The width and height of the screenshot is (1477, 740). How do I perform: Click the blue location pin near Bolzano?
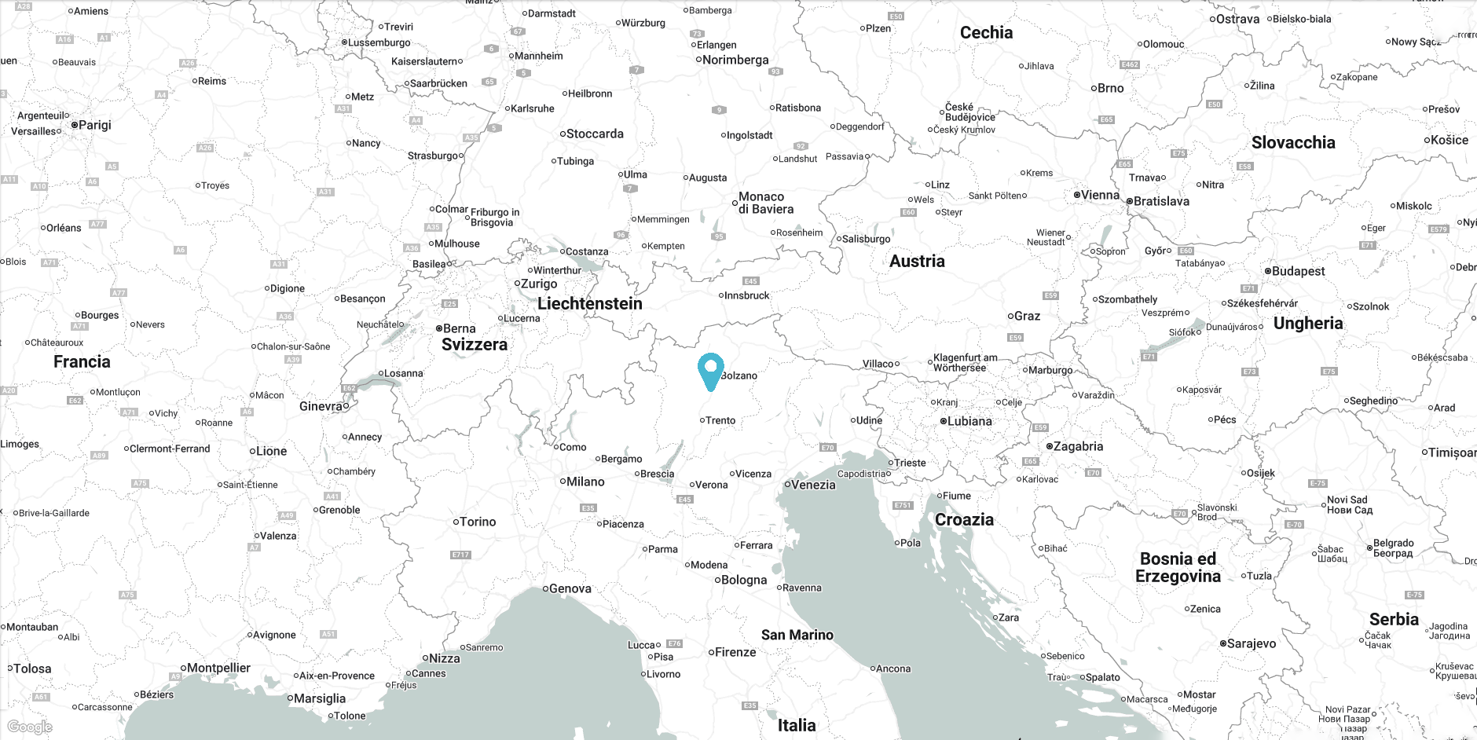pyautogui.click(x=710, y=371)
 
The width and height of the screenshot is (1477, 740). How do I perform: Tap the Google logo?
pyautogui.click(x=30, y=727)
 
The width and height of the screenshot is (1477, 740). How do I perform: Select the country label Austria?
pyautogui.click(x=917, y=262)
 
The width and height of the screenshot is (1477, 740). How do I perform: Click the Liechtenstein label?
pyautogui.click(x=589, y=304)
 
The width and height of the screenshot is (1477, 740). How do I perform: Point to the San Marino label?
pyautogui.click(x=797, y=635)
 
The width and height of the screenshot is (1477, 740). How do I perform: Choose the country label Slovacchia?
pyautogui.click(x=1292, y=143)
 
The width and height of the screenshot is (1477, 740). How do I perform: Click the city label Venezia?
pyautogui.click(x=813, y=485)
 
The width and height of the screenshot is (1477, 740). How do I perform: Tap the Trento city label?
pyautogui.click(x=720, y=420)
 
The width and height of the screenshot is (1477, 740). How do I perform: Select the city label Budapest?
pyautogui.click(x=1298, y=271)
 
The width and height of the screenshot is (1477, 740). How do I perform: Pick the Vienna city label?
pyautogui.click(x=1100, y=195)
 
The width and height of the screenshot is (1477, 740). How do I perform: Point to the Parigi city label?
pyautogui.click(x=95, y=125)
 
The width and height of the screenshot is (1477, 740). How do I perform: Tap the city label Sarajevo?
pyautogui.click(x=1252, y=643)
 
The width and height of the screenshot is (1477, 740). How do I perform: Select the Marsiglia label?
pyautogui.click(x=319, y=698)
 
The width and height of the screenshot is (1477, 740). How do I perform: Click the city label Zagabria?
pyautogui.click(x=1078, y=446)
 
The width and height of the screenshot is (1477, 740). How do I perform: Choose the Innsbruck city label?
pyautogui.click(x=746, y=295)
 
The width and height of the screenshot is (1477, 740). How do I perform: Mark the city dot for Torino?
pyautogui.click(x=456, y=522)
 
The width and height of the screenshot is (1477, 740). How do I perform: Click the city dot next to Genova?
pyautogui.click(x=545, y=588)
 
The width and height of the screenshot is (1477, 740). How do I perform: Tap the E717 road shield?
pyautogui.click(x=460, y=555)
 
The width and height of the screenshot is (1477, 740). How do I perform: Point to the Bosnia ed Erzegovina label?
pyautogui.click(x=1178, y=567)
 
